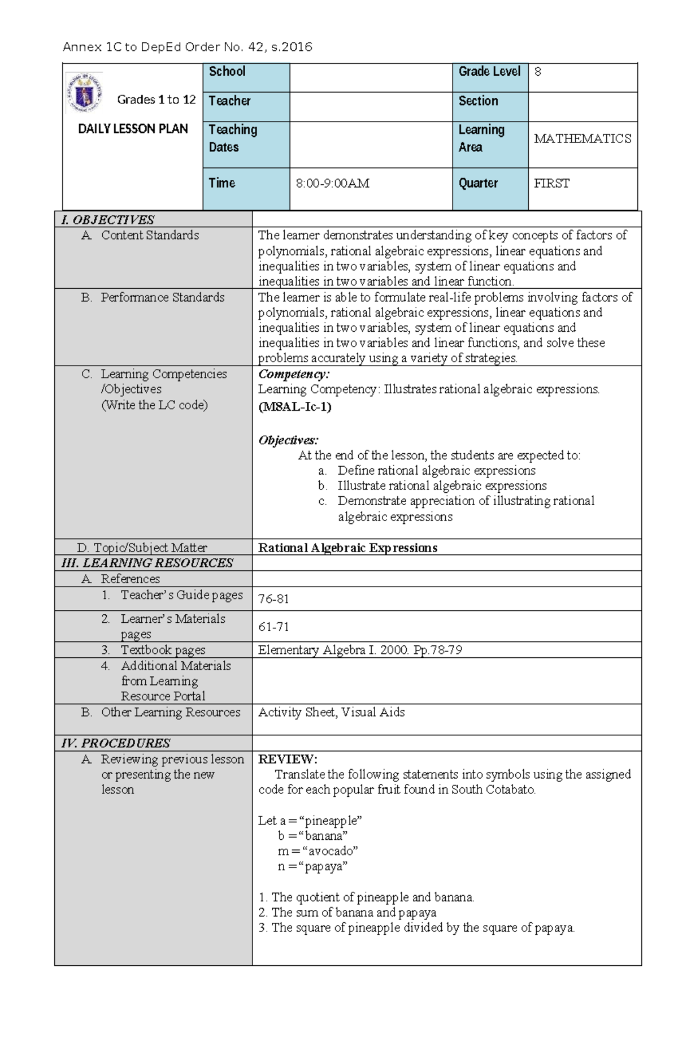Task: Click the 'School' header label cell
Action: [227, 72]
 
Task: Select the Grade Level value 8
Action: [537, 72]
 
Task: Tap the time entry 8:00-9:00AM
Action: [332, 184]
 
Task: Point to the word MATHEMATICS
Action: [582, 139]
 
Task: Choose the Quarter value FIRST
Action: [551, 184]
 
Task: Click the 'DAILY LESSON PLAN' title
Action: [133, 129]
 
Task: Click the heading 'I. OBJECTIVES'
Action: [107, 220]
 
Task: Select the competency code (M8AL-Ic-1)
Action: [294, 407]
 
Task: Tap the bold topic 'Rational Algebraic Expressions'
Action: [347, 548]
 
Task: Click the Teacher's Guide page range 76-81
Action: [273, 599]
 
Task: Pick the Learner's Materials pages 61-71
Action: [273, 627]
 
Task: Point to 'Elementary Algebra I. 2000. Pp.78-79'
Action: [360, 650]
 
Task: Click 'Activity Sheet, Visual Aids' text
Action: [331, 713]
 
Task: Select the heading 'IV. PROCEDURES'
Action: [116, 743]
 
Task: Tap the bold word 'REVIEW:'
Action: [288, 759]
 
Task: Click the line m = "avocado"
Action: [318, 851]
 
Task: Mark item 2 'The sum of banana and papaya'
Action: [347, 913]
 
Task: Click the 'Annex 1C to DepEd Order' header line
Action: [187, 47]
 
